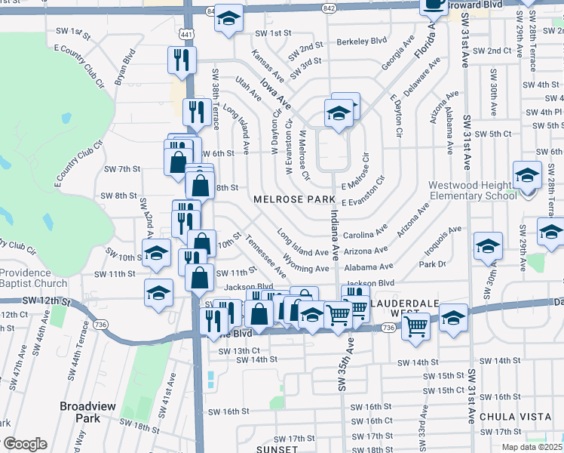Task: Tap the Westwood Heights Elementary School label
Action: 471,190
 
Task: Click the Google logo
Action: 24,444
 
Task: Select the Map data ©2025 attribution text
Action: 532,446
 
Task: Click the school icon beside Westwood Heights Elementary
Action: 527,176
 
